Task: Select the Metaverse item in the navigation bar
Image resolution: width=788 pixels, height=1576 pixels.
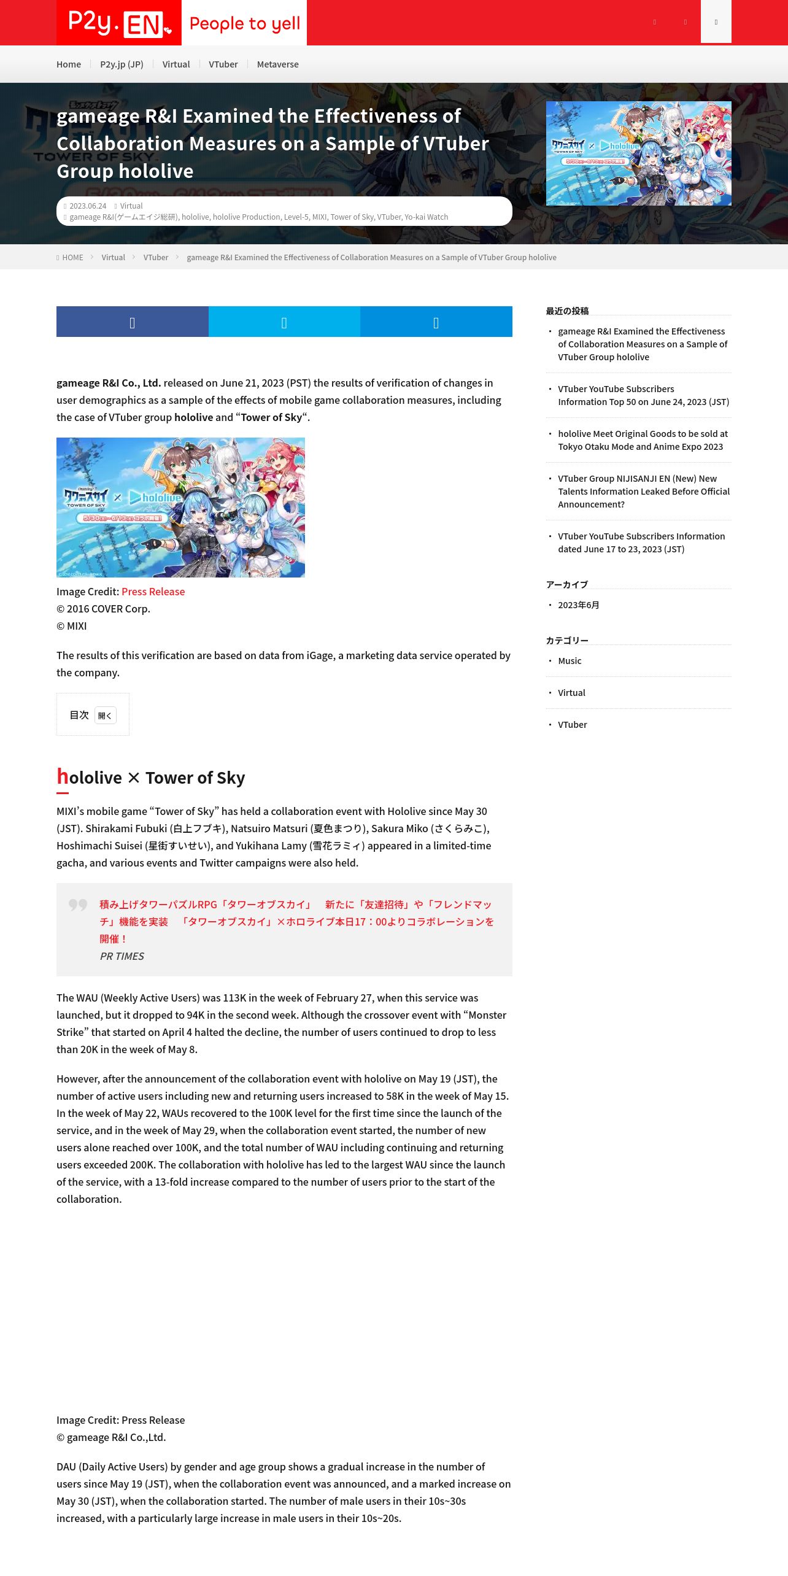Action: [277, 64]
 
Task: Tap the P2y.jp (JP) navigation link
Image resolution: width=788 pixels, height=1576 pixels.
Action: [122, 64]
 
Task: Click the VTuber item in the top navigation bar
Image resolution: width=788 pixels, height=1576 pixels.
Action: [223, 64]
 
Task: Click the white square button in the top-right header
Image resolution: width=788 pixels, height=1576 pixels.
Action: [716, 22]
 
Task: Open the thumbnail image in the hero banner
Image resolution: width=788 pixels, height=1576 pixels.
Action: [638, 153]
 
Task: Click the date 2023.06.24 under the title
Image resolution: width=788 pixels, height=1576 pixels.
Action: [88, 206]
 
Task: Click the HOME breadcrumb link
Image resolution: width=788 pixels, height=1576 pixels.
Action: [72, 258]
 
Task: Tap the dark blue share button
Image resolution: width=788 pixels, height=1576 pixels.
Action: [132, 322]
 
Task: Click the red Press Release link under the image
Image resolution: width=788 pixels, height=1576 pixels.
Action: [153, 592]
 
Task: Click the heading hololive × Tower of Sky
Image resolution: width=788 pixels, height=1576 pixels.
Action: [151, 778]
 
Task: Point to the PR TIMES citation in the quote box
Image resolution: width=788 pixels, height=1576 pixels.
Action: [122, 956]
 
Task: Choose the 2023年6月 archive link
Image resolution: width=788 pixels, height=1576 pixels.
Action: [578, 605]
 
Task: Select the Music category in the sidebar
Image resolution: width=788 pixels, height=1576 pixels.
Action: [570, 661]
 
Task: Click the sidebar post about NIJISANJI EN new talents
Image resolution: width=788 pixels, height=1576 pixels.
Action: [643, 492]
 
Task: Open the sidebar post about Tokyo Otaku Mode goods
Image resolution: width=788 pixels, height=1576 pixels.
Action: [642, 440]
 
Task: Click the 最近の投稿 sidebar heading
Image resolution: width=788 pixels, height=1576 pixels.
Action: [567, 311]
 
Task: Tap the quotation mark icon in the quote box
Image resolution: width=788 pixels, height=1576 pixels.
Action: [78, 905]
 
